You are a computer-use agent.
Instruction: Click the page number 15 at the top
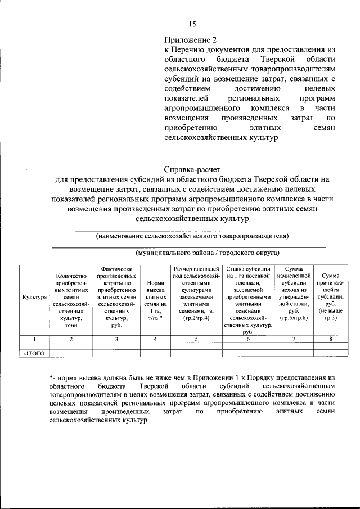(192, 24)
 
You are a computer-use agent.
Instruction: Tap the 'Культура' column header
(34, 296)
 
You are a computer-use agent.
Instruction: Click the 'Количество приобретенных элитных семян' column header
(71, 300)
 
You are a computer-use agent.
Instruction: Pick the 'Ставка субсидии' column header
(248, 300)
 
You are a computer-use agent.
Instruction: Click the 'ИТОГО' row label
(34, 353)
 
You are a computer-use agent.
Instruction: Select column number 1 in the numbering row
(34, 339)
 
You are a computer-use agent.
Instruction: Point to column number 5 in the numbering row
(196, 339)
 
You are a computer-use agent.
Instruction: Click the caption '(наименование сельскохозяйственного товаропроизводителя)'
(192, 235)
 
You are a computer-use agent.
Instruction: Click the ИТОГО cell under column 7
(293, 353)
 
